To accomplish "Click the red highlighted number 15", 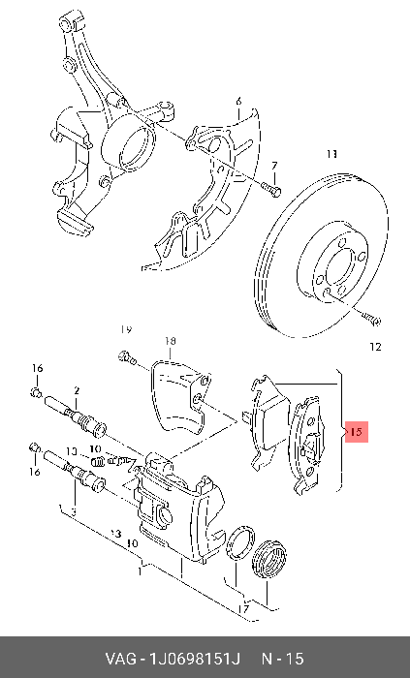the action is tap(357, 432).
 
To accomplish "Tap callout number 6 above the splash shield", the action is tap(238, 101).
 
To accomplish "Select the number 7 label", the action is tap(274, 166).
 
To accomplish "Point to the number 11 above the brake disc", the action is tap(331, 154).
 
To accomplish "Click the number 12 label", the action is tap(375, 347).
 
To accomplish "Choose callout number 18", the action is tap(170, 341).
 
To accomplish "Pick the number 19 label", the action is tap(126, 329).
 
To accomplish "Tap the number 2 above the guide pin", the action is tap(77, 391).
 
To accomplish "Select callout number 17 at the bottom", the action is tap(244, 609).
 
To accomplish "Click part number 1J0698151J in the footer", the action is tap(194, 659).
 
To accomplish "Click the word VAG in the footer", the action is tap(119, 659).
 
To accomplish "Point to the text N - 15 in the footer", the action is tap(282, 659).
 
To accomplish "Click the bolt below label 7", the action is tap(271, 189).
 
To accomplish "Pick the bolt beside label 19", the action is tap(126, 357).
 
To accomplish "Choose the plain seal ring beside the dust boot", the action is tap(240, 542).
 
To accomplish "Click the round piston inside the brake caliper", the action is tap(165, 514).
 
